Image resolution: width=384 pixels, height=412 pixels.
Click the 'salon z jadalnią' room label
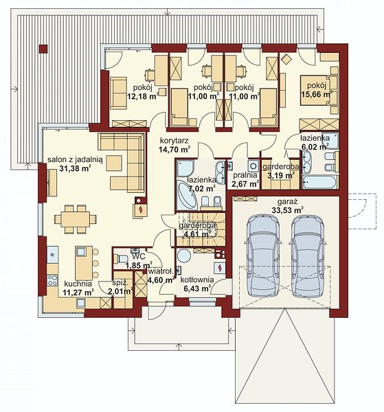point(75,160)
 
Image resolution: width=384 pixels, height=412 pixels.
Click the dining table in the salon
point(76,219)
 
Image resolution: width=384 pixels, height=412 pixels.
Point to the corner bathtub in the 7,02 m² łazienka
point(187,195)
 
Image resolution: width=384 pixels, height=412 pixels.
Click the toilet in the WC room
point(120,259)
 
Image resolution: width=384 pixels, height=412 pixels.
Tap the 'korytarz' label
point(174,141)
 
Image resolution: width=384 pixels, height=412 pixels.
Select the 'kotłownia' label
point(197,280)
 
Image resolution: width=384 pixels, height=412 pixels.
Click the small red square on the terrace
point(43,49)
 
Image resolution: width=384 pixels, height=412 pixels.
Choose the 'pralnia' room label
point(244,175)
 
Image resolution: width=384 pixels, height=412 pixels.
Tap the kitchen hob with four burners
point(52,280)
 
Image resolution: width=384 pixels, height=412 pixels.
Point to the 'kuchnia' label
point(78,284)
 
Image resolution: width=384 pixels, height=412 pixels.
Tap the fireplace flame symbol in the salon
point(141,209)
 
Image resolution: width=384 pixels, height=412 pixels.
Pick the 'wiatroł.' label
point(161,271)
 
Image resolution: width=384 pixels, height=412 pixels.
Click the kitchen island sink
point(80,252)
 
